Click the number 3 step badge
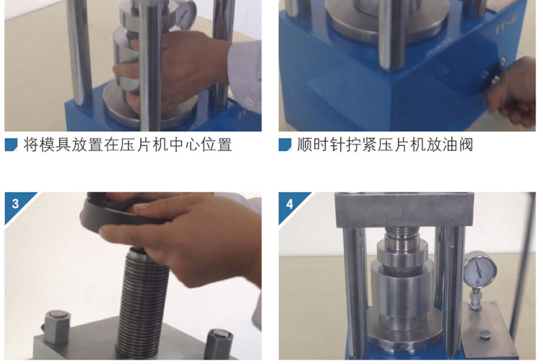15,204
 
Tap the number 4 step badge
290,204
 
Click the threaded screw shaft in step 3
142,301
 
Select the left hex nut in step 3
57,326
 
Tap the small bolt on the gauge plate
485,334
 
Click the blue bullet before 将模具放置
11,144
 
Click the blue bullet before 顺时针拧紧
285,144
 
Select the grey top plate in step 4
404,209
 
